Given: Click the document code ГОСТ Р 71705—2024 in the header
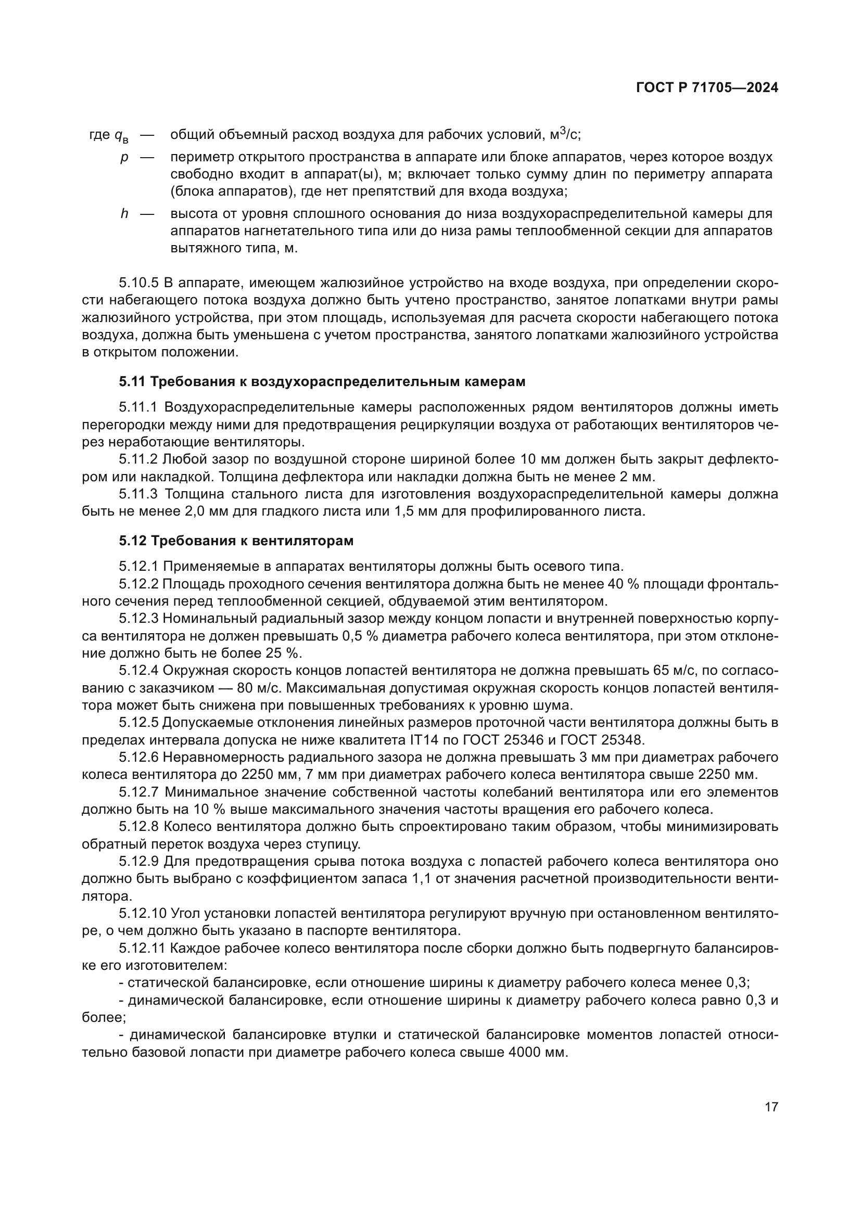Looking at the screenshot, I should [x=707, y=88].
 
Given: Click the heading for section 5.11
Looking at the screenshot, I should [x=322, y=381].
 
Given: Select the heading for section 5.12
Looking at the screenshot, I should [x=236, y=541].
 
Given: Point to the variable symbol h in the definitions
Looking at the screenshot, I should [x=124, y=214].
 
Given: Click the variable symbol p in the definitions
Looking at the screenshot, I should [x=124, y=158].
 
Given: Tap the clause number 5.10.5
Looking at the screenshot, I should [x=138, y=283].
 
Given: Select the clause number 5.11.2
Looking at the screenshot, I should [x=138, y=459].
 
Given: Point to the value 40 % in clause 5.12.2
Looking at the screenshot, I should [x=632, y=584].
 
